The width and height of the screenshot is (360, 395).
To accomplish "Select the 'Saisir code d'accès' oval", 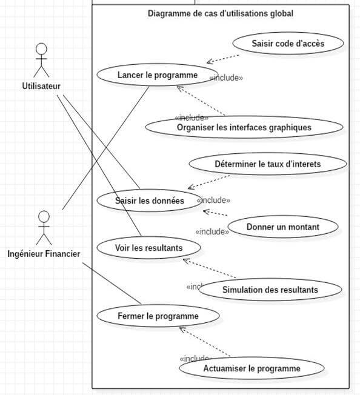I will pyautogui.click(x=288, y=44).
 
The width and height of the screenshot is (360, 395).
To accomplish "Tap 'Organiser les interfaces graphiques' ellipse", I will pyautogui.click(x=244, y=127).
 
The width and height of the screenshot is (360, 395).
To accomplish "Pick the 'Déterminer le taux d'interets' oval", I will pyautogui.click(x=267, y=164).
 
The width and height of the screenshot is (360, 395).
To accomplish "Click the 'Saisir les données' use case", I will pyautogui.click(x=149, y=201).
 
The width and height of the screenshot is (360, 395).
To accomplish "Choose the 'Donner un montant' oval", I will pyautogui.click(x=283, y=227).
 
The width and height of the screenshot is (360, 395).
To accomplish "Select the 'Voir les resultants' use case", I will pyautogui.click(x=148, y=247).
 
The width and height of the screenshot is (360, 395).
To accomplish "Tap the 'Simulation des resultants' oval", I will pyautogui.click(x=270, y=290).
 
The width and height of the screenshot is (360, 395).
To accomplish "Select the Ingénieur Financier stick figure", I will pyautogui.click(x=43, y=228).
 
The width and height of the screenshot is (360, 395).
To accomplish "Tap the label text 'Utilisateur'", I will pyautogui.click(x=41, y=86).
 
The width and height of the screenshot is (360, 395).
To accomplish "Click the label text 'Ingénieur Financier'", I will pyautogui.click(x=44, y=253).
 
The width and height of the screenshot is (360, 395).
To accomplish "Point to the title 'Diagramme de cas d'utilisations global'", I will pyautogui.click(x=221, y=13).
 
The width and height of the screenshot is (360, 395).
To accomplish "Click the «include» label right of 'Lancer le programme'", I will pyautogui.click(x=226, y=78).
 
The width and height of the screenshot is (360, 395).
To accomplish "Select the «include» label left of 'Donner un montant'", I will pyautogui.click(x=212, y=231).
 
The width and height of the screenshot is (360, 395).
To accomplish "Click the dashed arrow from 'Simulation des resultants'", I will pyautogui.click(x=210, y=269).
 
